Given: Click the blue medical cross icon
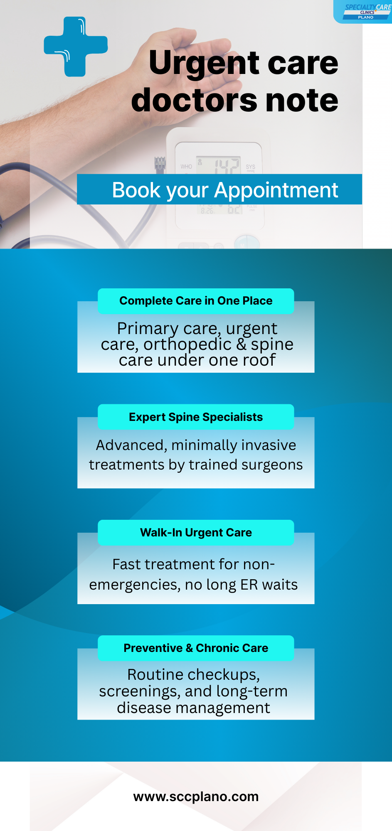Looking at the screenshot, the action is (x=76, y=47).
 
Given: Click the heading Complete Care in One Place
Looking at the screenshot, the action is (x=196, y=301).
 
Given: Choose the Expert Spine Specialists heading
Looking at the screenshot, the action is (x=196, y=417).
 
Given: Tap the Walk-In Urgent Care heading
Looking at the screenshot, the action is (x=196, y=533).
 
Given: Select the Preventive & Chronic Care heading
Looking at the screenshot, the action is (x=196, y=648).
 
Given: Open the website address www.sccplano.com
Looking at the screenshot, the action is (x=196, y=797).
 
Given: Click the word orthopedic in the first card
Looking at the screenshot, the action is (x=187, y=345).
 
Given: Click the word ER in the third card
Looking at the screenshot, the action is (x=249, y=585).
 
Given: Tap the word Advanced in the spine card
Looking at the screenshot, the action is (x=131, y=445).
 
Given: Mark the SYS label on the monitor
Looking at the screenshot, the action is (x=251, y=167).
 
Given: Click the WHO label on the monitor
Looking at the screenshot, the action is (x=186, y=167).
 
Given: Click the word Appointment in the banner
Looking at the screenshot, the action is (x=276, y=190).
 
